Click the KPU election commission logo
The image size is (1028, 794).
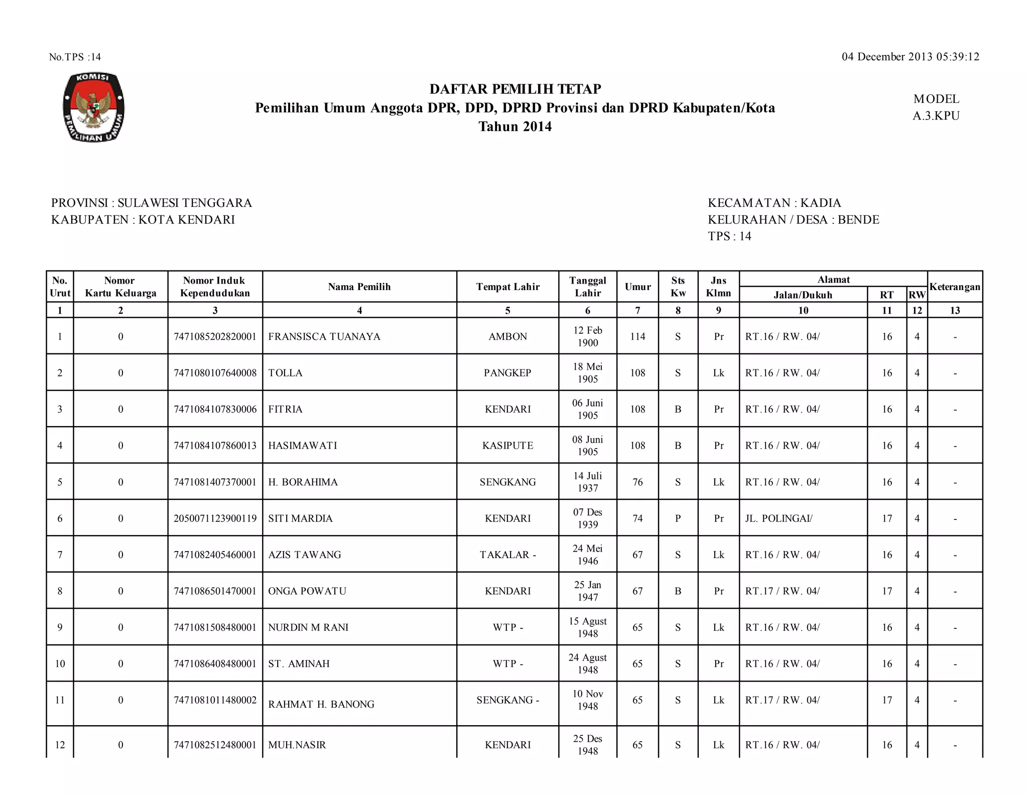click(94, 107)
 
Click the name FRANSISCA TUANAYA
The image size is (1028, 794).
click(324, 336)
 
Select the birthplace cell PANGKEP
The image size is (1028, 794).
click(507, 373)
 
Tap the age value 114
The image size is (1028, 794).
click(637, 336)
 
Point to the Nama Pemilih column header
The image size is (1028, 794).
click(359, 287)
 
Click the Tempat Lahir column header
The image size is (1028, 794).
click(507, 287)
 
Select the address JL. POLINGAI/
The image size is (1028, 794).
click(779, 518)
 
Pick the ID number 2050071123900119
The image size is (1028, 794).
click(215, 518)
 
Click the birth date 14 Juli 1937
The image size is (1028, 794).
click(587, 482)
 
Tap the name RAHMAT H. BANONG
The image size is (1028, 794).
click(321, 704)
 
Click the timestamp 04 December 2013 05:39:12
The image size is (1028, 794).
click(910, 57)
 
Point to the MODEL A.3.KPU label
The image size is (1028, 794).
click(936, 107)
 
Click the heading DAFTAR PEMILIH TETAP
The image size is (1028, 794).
click(515, 89)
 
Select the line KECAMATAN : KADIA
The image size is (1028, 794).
click(774, 203)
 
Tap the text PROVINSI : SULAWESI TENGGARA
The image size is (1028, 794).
click(152, 203)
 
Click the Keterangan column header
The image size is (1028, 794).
click(955, 287)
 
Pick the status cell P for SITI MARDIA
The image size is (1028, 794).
click(678, 518)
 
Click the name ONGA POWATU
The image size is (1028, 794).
click(307, 591)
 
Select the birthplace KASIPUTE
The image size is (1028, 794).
click(507, 446)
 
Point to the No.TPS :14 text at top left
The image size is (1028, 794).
click(75, 57)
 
